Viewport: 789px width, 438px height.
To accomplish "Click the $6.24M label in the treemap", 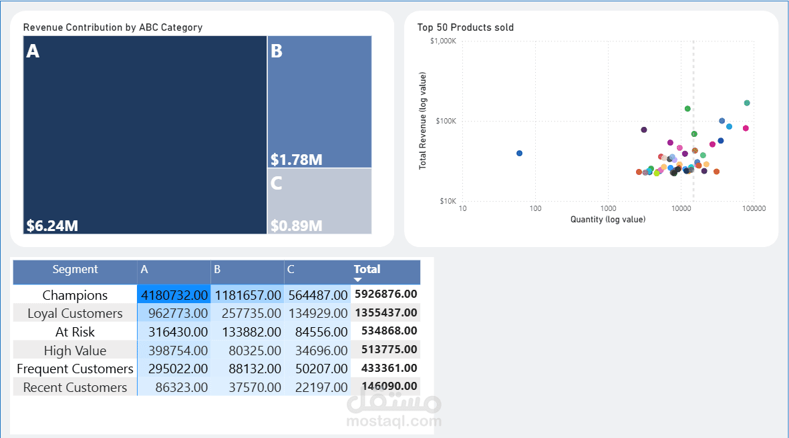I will pos(52,226).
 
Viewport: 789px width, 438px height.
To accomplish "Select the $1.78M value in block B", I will pos(297,160).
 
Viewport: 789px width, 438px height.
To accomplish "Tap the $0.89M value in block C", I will pos(296,226).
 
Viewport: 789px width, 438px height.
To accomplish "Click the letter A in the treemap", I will pos(33,51).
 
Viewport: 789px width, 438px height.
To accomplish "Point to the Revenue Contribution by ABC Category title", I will pos(113,27).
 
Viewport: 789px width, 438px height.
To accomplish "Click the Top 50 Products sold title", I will pos(466,27).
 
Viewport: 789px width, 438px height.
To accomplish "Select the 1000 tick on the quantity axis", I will pos(608,208).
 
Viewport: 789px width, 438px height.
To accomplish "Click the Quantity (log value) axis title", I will pos(608,219).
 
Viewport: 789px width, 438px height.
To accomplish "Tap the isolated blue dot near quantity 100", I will pos(519,153).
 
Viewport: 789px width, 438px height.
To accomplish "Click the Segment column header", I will pos(75,270).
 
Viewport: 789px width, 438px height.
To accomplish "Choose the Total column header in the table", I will pos(367,270).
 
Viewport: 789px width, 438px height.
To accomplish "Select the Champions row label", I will pos(75,295).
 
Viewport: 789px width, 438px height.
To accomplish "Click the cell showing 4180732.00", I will pos(174,295).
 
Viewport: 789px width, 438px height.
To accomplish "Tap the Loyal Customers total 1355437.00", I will pos(386,312).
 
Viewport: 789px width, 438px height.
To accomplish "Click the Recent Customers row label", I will pos(75,387).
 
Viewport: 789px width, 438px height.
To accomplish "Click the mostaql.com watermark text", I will pos(394,421).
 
